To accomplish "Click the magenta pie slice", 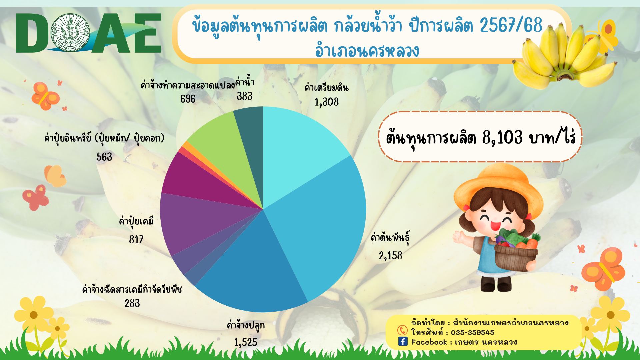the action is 200,183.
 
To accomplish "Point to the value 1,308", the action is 326,102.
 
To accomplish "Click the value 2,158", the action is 390,256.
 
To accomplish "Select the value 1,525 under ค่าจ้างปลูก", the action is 245,342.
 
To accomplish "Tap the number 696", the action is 188,99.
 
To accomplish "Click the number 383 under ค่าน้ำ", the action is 244,96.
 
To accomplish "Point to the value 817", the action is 136,239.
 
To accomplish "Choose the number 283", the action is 132,303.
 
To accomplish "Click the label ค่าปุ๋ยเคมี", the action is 136,221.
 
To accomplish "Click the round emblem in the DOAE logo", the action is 70,33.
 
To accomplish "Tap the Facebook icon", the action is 403,341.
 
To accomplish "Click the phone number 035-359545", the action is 472,332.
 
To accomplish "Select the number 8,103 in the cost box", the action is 502,137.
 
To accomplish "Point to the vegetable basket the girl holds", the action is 516,257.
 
